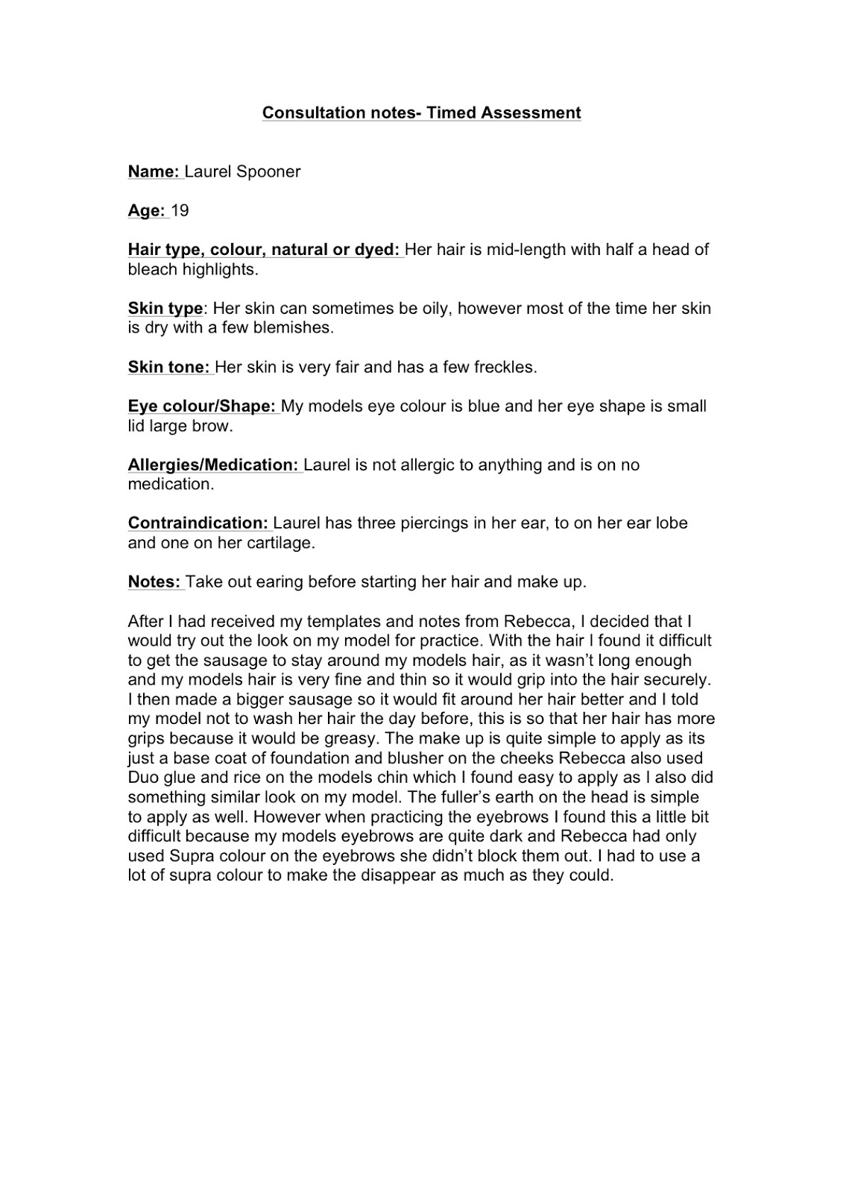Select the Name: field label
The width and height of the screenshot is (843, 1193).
154,171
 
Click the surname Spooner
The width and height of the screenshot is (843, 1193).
268,171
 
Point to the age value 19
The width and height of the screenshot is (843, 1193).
180,210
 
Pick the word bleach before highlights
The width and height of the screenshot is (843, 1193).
153,269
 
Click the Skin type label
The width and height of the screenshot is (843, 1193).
165,308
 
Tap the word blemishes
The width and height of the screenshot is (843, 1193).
296,327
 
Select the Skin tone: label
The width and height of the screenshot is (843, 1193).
169,367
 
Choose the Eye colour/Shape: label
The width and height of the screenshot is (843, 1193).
202,406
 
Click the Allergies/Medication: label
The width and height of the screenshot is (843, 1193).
213,465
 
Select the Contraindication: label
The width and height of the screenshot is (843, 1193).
198,523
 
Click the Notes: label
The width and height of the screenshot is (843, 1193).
154,582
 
